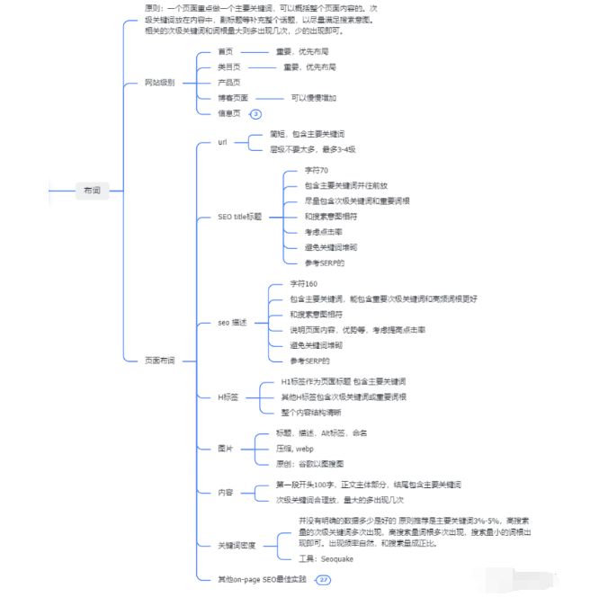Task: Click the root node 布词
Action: click(x=93, y=191)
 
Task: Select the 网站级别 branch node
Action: click(x=159, y=83)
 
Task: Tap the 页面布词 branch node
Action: click(x=159, y=360)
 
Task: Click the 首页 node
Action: click(x=226, y=52)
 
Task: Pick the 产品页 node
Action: click(x=228, y=83)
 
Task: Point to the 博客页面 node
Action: click(x=233, y=98)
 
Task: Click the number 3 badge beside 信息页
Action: click(x=255, y=114)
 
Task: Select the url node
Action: click(x=223, y=142)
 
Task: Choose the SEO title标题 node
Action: click(x=241, y=217)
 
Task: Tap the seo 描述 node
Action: click(x=232, y=322)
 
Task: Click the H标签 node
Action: click(x=228, y=397)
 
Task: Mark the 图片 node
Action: click(x=226, y=448)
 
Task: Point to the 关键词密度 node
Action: click(x=237, y=545)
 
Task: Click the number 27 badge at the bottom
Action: click(x=324, y=580)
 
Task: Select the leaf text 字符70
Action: click(x=316, y=171)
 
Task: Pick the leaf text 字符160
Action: click(x=303, y=284)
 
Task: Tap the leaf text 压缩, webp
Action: click(x=295, y=448)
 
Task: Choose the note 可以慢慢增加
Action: click(x=313, y=98)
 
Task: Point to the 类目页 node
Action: click(x=228, y=67)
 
